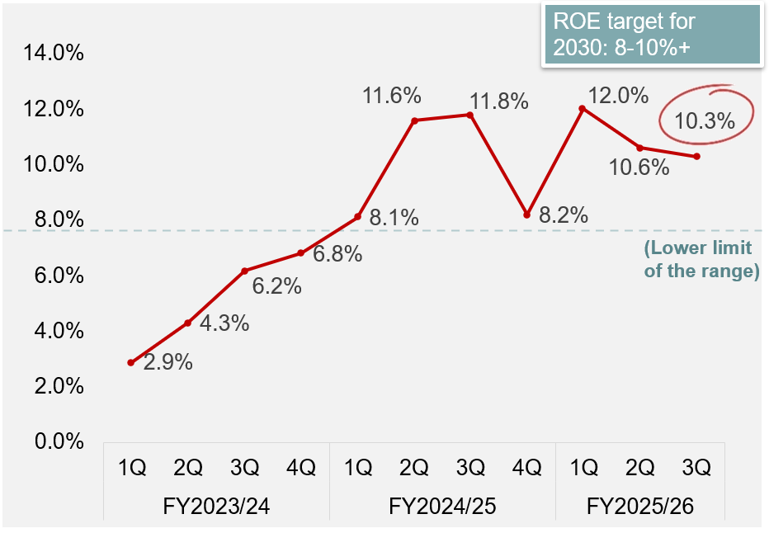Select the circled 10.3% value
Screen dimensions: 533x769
point(704,121)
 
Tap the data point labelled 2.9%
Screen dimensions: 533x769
point(131,362)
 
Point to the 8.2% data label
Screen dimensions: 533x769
point(563,216)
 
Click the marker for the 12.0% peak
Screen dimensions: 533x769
point(583,108)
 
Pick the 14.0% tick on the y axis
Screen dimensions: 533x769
point(55,54)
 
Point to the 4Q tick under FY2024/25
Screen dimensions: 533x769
point(526,469)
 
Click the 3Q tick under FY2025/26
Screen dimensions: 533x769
point(696,469)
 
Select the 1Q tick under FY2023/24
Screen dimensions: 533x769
point(131,469)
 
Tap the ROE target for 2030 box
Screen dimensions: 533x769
point(650,36)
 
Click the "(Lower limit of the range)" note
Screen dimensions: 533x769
point(701,259)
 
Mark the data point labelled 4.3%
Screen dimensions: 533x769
point(188,323)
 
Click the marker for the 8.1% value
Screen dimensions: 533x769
point(357,217)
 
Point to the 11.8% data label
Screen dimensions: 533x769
point(499,101)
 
